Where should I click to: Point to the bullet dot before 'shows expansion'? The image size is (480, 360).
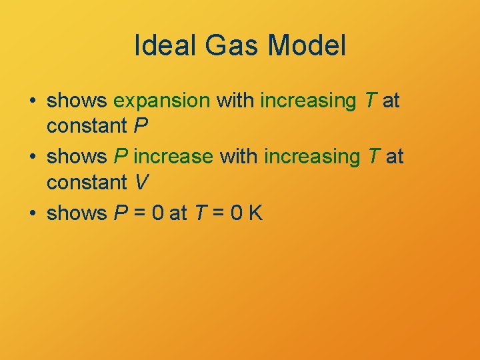[33, 101]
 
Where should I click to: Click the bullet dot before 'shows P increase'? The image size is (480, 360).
[33, 157]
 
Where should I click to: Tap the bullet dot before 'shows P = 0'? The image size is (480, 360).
[33, 213]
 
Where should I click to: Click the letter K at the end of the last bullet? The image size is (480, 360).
[255, 213]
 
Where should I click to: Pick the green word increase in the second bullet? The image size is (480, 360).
[173, 157]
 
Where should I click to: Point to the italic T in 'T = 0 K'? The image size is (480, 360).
[199, 213]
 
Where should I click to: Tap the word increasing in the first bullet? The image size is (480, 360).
[308, 101]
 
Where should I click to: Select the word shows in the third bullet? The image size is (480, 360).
[77, 213]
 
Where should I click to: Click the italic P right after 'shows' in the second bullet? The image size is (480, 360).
[121, 157]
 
